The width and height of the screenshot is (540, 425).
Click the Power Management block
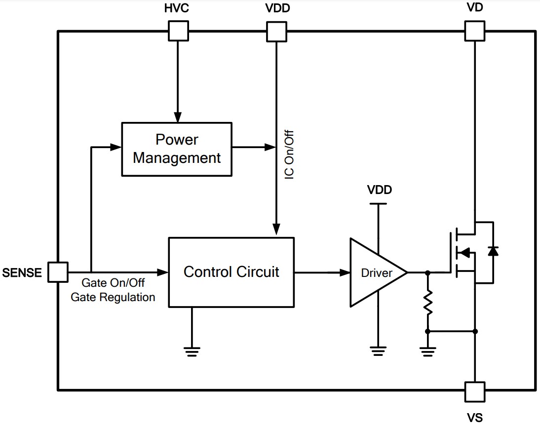pyautogui.click(x=177, y=149)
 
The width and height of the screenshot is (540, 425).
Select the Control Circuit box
pyautogui.click(x=231, y=272)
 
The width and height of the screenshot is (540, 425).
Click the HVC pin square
pyautogui.click(x=178, y=31)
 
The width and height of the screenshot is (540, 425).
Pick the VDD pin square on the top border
pyautogui.click(x=276, y=31)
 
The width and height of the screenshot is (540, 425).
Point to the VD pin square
pyautogui.click(x=474, y=31)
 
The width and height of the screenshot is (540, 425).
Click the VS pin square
pyautogui.click(x=474, y=391)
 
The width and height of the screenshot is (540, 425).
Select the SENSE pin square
pyautogui.click(x=58, y=272)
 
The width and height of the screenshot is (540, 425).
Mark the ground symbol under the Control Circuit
pyautogui.click(x=192, y=351)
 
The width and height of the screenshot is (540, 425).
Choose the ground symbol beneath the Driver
pyautogui.click(x=378, y=351)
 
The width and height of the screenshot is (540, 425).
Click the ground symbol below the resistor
pyautogui.click(x=427, y=351)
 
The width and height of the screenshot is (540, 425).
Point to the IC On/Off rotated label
pyautogui.click(x=290, y=155)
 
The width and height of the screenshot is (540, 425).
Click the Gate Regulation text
pyautogui.click(x=113, y=297)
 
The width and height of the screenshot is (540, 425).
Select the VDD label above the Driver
pyautogui.click(x=379, y=190)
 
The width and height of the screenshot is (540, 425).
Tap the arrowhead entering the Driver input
pyautogui.click(x=345, y=272)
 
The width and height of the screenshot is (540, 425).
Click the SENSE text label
pyautogui.click(x=22, y=272)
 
